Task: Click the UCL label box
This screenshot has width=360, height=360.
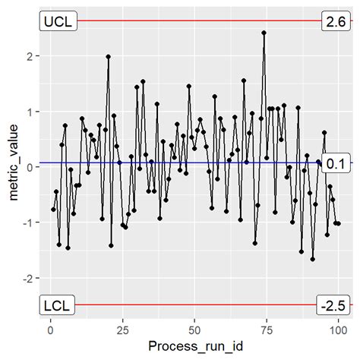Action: tap(57, 21)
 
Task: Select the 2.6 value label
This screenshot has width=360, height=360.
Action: tap(334, 21)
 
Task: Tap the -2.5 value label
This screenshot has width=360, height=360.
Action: tap(333, 305)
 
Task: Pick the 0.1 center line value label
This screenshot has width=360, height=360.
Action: tap(334, 163)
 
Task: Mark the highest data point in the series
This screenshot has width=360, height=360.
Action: tap(264, 33)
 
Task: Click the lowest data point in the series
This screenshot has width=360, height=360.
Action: tap(312, 259)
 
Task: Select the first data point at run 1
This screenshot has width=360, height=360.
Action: tap(53, 210)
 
